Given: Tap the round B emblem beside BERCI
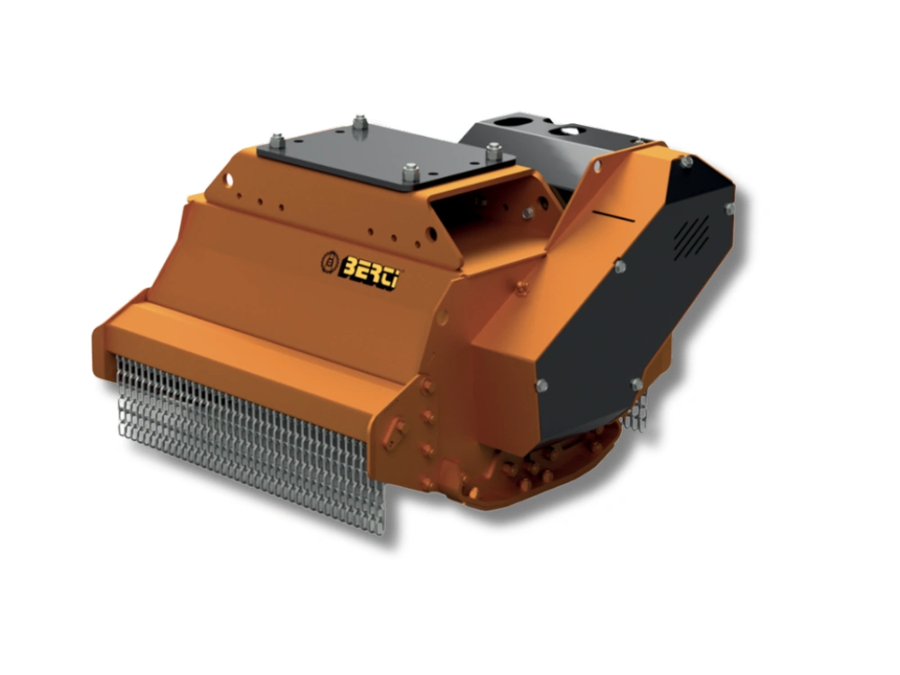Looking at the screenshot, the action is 329,262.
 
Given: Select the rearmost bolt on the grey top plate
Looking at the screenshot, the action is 360,122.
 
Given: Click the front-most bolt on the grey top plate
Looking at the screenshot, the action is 410,172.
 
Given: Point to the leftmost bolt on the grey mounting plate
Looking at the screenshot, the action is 276,140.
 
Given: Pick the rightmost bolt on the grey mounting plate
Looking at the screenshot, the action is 493,152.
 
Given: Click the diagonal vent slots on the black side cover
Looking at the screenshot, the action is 691,237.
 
